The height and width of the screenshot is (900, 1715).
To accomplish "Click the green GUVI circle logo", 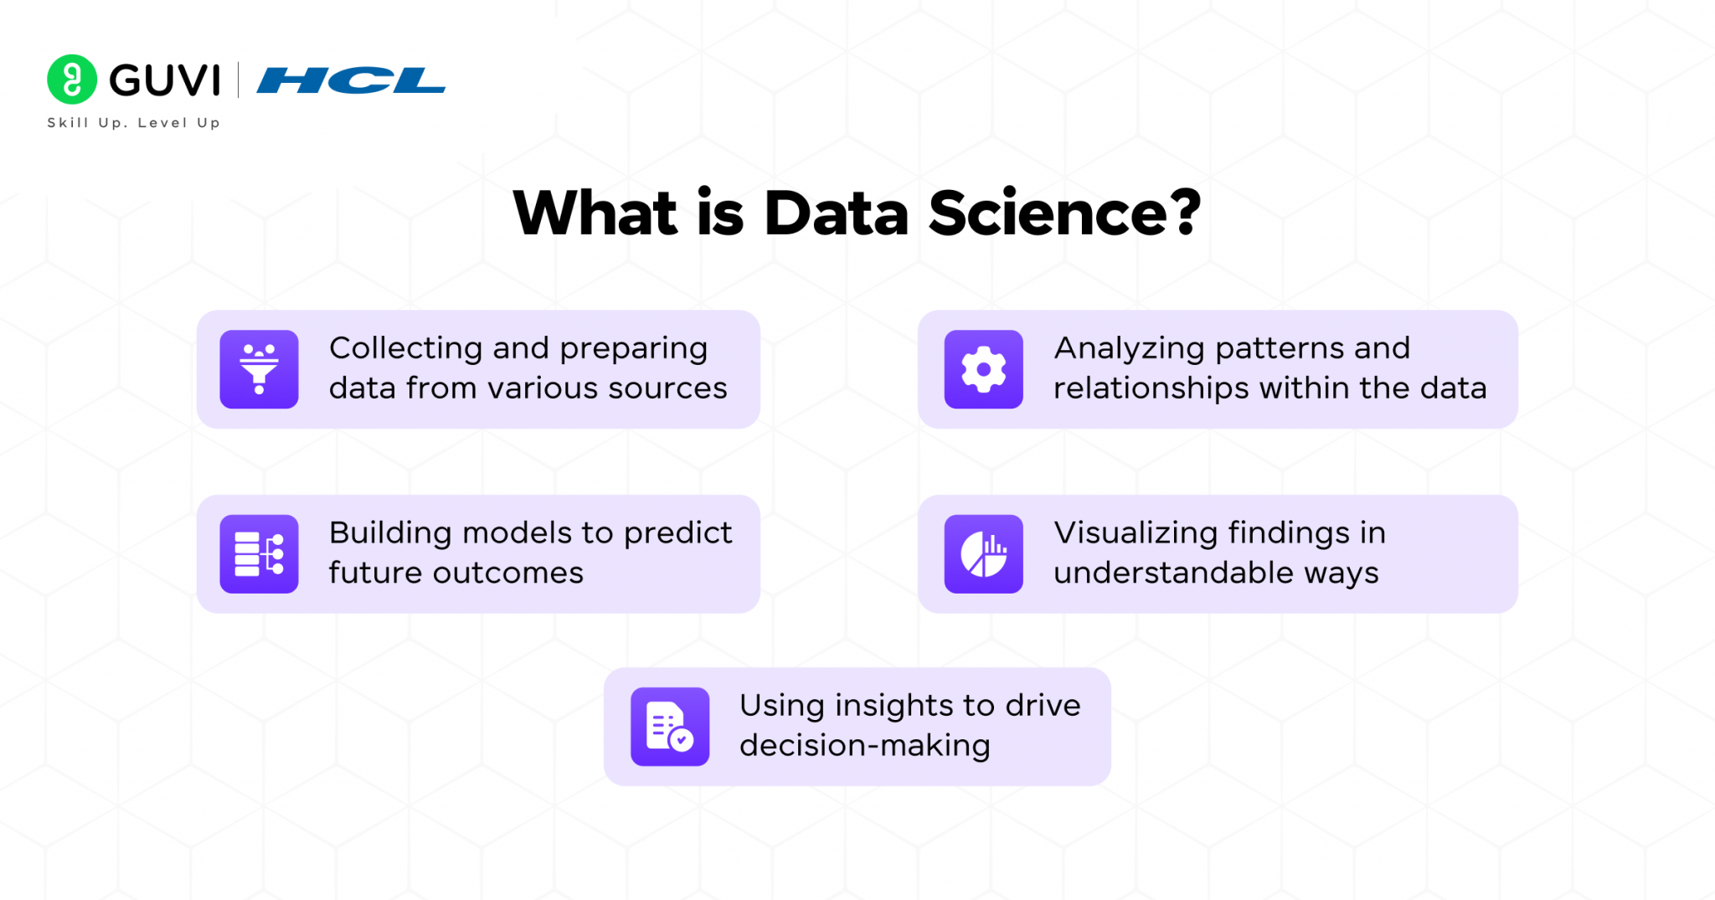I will click(x=72, y=80).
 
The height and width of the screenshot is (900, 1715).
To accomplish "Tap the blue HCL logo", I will click(x=351, y=80).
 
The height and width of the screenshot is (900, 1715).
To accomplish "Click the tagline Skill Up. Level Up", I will click(x=134, y=123).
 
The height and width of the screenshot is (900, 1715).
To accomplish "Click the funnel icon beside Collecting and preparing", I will click(x=259, y=369).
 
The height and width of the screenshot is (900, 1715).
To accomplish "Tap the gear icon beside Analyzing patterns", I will click(x=983, y=369).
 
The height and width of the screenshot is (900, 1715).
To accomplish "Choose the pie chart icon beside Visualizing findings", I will click(x=983, y=554).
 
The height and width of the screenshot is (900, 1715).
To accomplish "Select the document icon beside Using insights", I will click(x=669, y=727).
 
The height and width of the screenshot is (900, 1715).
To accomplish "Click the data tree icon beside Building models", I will click(x=259, y=554).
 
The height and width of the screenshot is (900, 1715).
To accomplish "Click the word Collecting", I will click(x=405, y=349).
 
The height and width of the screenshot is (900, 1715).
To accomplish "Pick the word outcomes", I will click(x=507, y=573).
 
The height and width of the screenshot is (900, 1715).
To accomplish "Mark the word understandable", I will click(x=1173, y=573).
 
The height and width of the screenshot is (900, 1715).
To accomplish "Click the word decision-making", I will click(x=864, y=746).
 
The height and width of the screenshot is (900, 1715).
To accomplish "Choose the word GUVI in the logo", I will click(x=165, y=81).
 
